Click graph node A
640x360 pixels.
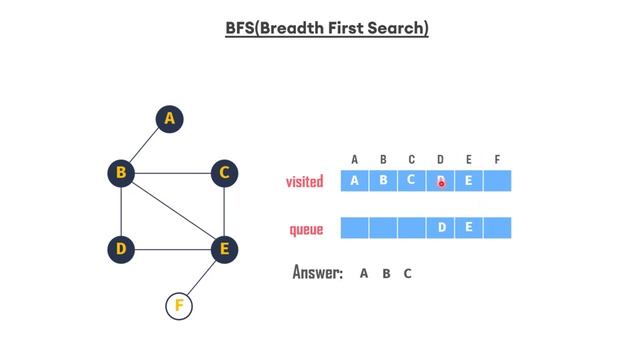pos(170,119)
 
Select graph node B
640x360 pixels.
pos(121,173)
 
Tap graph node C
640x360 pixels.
pos(225,173)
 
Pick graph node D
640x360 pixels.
pos(121,248)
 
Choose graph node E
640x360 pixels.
pos(225,248)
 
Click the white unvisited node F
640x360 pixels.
pos(179,305)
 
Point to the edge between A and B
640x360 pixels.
pos(146,146)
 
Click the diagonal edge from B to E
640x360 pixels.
pos(173,210)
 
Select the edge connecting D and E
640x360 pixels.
pos(173,248)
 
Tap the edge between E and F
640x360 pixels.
pos(202,277)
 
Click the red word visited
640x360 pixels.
pos(305,182)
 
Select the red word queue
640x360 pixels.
pos(306,230)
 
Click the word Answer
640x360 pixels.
pos(317,273)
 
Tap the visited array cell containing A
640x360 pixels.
pos(355,181)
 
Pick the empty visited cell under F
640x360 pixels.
pos(497,181)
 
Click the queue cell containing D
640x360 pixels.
pos(441,228)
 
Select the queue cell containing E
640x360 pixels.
pos(469,228)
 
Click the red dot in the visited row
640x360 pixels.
pos(441,183)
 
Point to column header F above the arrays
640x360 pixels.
pos(497,159)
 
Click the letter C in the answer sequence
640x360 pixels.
pos(408,273)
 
